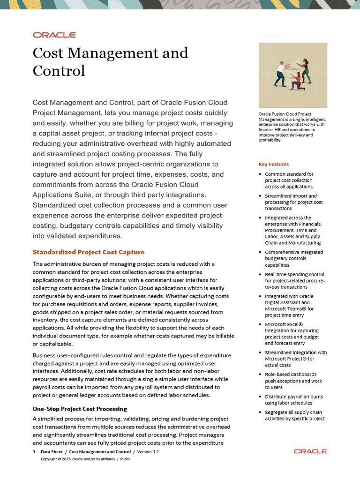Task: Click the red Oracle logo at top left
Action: [x=54, y=35]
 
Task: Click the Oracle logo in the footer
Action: [x=310, y=451]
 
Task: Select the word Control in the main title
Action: [x=59, y=71]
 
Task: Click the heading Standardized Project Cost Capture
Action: [x=88, y=252]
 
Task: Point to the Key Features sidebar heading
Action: [x=273, y=164]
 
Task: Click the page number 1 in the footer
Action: [x=34, y=451]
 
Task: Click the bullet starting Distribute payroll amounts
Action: [x=293, y=399]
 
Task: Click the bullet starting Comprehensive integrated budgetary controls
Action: [x=292, y=258]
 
